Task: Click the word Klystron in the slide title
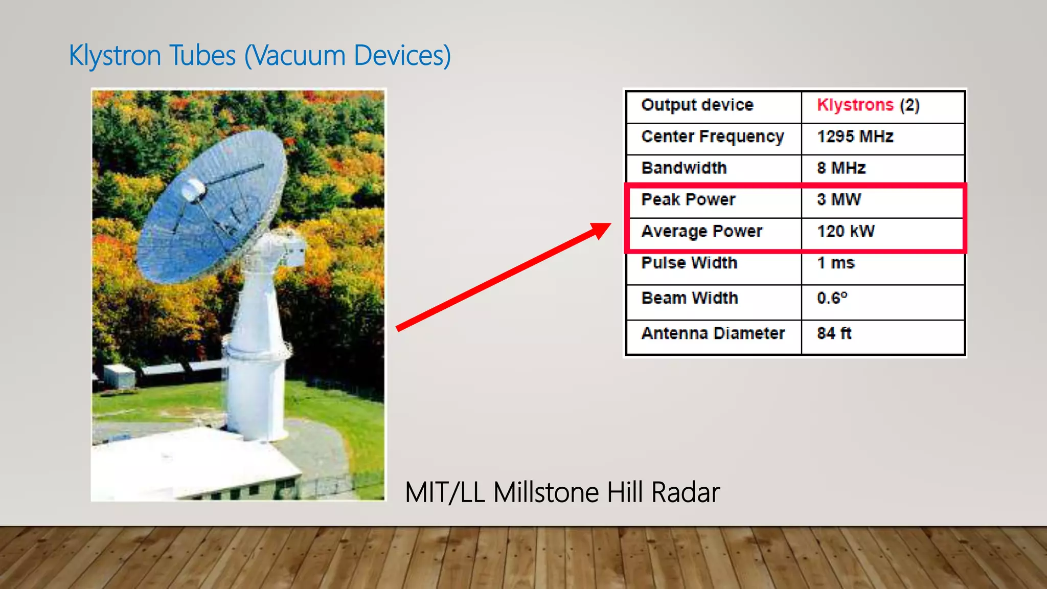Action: (x=116, y=55)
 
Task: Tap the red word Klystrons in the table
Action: (x=855, y=105)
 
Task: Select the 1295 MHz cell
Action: (x=855, y=137)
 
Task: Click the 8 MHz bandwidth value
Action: (x=841, y=168)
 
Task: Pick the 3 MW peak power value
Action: (x=838, y=199)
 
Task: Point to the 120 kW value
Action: (x=846, y=231)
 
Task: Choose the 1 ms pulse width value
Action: (x=835, y=263)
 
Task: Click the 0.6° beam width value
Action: (x=832, y=298)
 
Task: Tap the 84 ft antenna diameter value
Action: (x=834, y=333)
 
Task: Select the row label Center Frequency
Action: (x=713, y=137)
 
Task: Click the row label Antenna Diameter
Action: (x=713, y=333)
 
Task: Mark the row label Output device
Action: (x=697, y=105)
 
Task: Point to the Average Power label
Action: (x=701, y=231)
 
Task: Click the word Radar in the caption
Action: (x=685, y=492)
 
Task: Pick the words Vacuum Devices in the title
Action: (x=348, y=55)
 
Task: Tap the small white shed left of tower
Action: (x=119, y=376)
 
